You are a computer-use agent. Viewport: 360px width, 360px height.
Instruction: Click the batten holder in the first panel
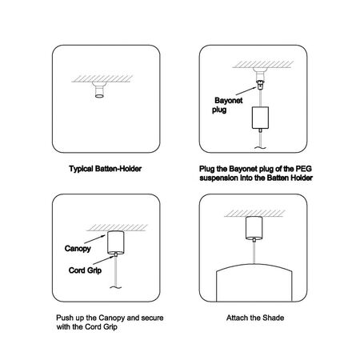[x=99, y=90]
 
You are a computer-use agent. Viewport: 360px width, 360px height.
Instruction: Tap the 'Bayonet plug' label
[x=227, y=105]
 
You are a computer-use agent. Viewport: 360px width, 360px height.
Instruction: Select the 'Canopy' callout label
[x=78, y=249]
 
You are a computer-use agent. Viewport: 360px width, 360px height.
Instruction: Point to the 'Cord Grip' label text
[x=85, y=270]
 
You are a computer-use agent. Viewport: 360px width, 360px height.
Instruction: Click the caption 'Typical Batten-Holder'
[x=106, y=169]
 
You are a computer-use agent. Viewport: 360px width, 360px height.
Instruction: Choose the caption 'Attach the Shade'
[x=255, y=318]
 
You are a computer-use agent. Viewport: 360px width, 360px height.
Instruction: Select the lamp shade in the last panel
[x=254, y=282]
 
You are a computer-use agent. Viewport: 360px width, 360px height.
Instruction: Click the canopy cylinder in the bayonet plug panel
[x=260, y=118]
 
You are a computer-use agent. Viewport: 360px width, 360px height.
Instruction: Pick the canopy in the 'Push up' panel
[x=116, y=242]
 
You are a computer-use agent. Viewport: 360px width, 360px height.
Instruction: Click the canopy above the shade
[x=254, y=228]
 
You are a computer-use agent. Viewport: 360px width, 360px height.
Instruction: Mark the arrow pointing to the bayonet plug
[x=246, y=90]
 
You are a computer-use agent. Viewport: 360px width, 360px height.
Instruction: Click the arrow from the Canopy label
[x=95, y=239]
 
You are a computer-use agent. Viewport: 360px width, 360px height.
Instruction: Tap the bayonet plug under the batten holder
[x=259, y=86]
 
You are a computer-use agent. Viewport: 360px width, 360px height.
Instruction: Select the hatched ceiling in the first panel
[x=102, y=78]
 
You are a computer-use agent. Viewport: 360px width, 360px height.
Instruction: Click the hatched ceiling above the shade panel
[x=254, y=214]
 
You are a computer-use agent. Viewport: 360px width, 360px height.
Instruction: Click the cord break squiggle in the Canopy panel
[x=116, y=287]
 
